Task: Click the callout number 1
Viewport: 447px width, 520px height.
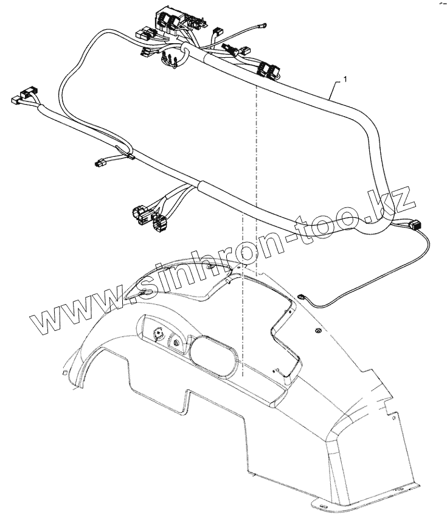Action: pyautogui.click(x=345, y=79)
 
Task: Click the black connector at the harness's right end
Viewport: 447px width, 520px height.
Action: pyautogui.click(x=415, y=224)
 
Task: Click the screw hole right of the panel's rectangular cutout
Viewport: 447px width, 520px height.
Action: pyautogui.click(x=317, y=330)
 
